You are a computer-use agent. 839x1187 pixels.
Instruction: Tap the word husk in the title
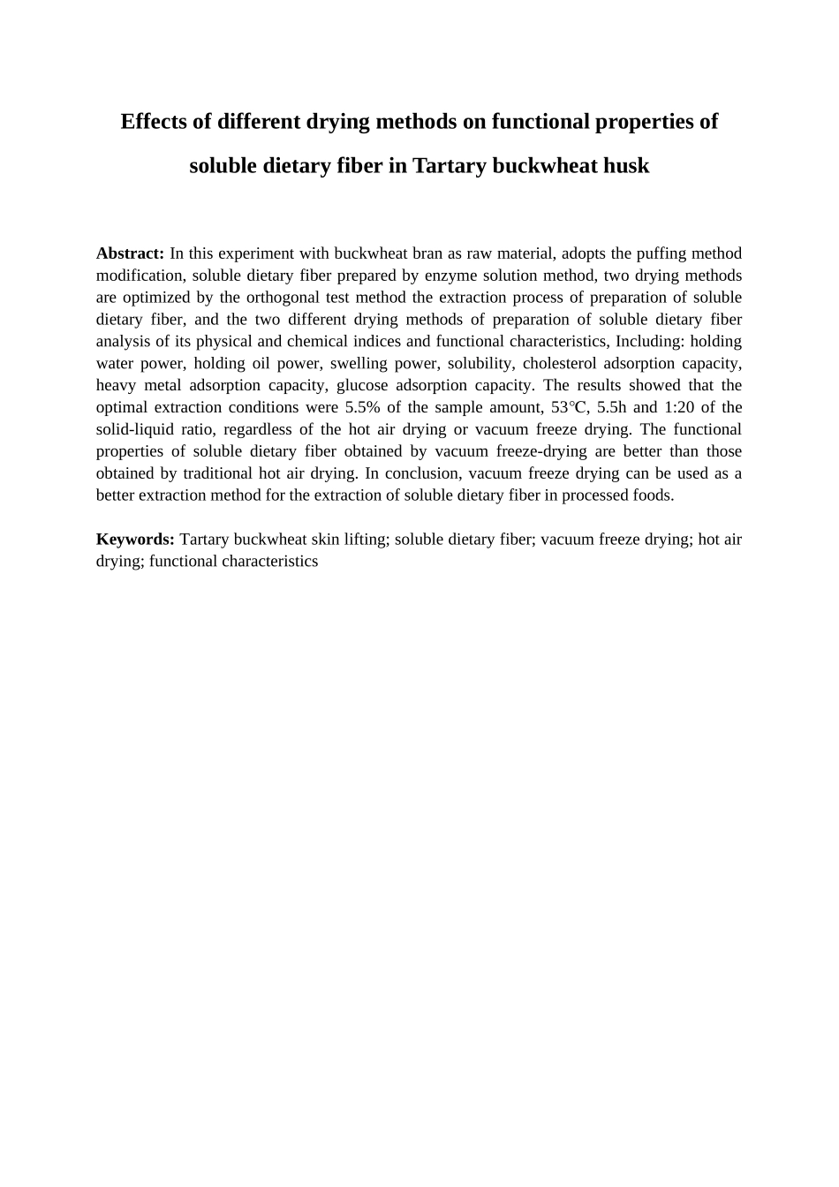(624, 165)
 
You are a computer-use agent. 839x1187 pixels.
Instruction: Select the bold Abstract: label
(130, 253)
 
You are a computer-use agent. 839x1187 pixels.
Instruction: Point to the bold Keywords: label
(135, 539)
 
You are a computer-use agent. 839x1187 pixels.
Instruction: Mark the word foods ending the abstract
(652, 495)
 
